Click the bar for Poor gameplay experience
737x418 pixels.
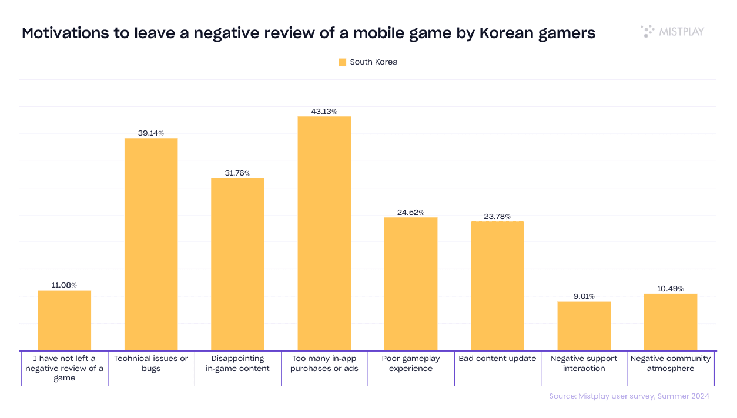411,284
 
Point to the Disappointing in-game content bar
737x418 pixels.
237,264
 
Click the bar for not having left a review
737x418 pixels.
65,321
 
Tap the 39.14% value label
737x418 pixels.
151,133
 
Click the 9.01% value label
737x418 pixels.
584,296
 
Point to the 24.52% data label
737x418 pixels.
411,213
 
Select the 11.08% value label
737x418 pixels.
65,285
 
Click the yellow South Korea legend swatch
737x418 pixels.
343,62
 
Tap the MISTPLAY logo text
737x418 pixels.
681,32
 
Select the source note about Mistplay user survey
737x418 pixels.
629,396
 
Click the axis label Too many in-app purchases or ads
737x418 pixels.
324,363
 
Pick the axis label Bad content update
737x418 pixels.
497,358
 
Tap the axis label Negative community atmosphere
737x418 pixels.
671,363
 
